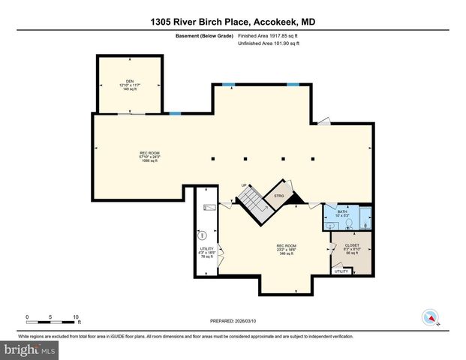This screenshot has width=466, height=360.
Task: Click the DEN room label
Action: click(129, 85)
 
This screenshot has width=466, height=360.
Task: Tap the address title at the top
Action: click(233, 22)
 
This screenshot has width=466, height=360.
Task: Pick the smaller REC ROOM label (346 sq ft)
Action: click(287, 250)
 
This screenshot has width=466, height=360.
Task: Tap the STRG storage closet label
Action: click(279, 196)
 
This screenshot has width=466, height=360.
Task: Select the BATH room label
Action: click(342, 214)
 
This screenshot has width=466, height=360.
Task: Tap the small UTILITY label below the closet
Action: click(341, 271)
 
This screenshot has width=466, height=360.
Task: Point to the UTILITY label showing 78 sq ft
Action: click(206, 252)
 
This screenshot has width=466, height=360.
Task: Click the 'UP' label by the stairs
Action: click(244, 185)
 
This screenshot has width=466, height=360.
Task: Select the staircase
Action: click(251, 199)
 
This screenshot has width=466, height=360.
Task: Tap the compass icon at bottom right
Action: click(431, 317)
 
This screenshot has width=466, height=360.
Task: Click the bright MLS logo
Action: click(30, 349)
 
